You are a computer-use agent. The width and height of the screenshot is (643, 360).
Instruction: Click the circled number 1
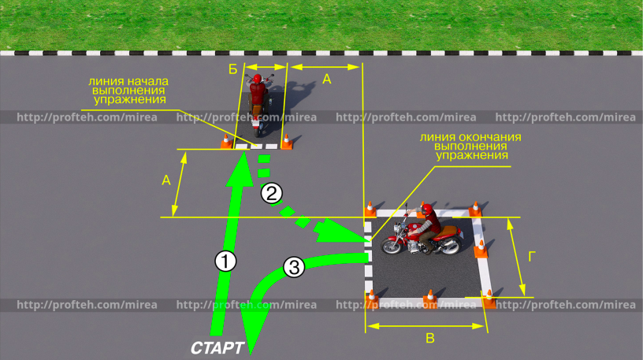[x=226, y=260]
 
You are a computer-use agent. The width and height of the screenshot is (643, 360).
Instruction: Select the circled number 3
[x=293, y=267]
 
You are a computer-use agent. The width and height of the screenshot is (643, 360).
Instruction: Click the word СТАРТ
[x=217, y=347]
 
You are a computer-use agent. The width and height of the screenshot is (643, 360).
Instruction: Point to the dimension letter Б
[x=233, y=69]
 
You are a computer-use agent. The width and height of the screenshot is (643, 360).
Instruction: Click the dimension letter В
[x=429, y=339]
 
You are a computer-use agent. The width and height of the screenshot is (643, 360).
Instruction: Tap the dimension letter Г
[x=533, y=256]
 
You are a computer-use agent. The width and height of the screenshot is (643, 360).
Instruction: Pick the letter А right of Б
[x=327, y=79]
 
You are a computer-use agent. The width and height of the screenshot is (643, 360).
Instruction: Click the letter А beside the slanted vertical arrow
[x=166, y=180]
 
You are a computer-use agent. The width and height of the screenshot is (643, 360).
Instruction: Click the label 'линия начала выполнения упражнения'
[x=128, y=90]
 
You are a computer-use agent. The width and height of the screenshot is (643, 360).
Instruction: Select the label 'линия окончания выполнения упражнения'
[x=470, y=146]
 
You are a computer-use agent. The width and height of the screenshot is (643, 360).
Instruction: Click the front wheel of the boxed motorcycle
[x=392, y=245]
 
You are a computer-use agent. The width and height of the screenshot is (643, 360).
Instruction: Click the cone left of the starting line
[x=226, y=142]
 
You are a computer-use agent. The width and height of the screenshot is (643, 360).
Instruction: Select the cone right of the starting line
[x=287, y=141]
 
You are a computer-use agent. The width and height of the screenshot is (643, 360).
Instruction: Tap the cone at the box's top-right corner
[x=475, y=210]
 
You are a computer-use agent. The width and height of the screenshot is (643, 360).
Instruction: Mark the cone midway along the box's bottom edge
[x=430, y=298]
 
